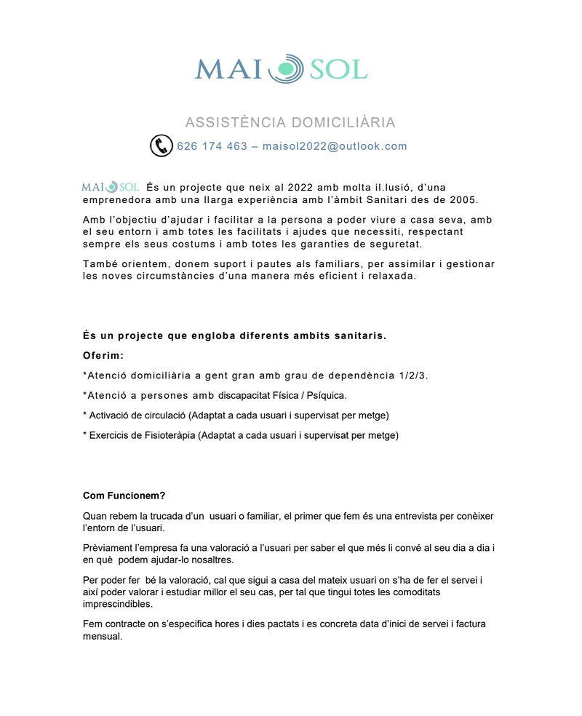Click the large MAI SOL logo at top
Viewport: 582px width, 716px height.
tap(282, 68)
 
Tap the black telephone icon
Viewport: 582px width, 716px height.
tap(161, 146)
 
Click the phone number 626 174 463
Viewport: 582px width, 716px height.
tap(212, 146)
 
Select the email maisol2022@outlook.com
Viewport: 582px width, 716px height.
tap(335, 146)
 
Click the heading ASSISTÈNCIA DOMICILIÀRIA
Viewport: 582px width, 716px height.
tap(290, 122)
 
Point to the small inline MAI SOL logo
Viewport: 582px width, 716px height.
tap(111, 188)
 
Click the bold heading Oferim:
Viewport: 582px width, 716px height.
tap(103, 356)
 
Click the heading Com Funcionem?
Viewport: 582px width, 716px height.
tap(124, 496)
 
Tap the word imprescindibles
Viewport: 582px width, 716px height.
tap(117, 604)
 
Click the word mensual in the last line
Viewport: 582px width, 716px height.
tap(103, 635)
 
